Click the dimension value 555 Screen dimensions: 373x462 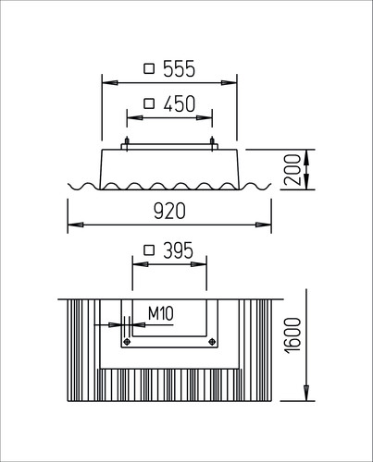(x=180, y=68)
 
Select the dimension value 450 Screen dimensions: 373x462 (x=180, y=103)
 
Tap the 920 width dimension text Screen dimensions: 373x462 (x=169, y=211)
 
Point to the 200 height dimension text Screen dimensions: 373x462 (x=292, y=170)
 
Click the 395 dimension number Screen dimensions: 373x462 (x=179, y=250)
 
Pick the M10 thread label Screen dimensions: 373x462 (x=161, y=313)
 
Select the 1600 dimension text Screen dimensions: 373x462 (x=292, y=335)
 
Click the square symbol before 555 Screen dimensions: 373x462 (x=149, y=68)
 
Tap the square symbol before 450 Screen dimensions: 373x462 (x=149, y=103)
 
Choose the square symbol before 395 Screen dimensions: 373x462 (x=149, y=250)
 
